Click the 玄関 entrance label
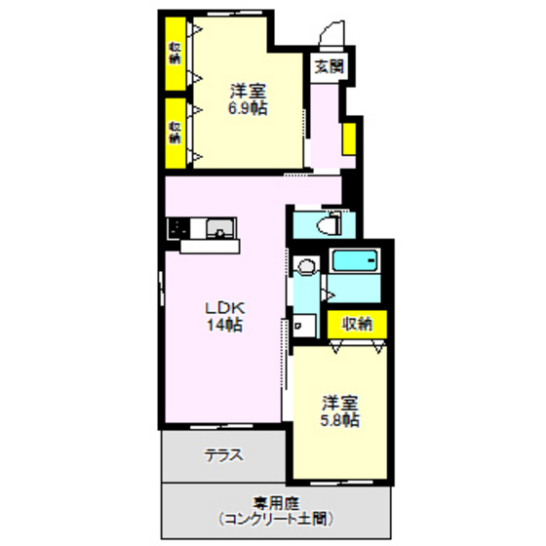click(x=329, y=66)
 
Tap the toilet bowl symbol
click(x=329, y=224)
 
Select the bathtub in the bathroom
click(x=355, y=260)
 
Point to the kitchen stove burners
click(x=178, y=229)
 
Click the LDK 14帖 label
click(x=224, y=317)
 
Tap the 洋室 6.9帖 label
click(x=248, y=99)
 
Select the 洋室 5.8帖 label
click(x=340, y=411)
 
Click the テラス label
click(x=223, y=455)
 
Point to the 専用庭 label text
click(x=275, y=503)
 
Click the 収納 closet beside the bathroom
click(x=357, y=324)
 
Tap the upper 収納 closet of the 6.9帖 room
click(x=175, y=54)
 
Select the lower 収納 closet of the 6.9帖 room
click(x=175, y=133)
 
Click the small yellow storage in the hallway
click(x=349, y=138)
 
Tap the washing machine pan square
click(x=304, y=326)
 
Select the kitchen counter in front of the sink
click(x=210, y=246)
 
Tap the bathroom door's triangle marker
click(x=330, y=295)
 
